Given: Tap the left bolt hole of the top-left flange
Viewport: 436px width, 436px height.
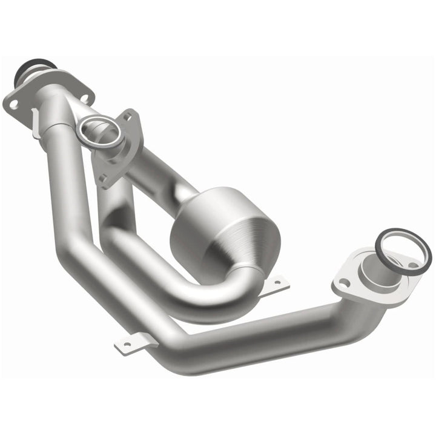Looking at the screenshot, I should coord(13,105).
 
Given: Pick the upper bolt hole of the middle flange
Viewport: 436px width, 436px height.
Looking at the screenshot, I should coord(129,115).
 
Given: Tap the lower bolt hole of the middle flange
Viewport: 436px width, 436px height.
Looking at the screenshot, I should coord(104,178).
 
